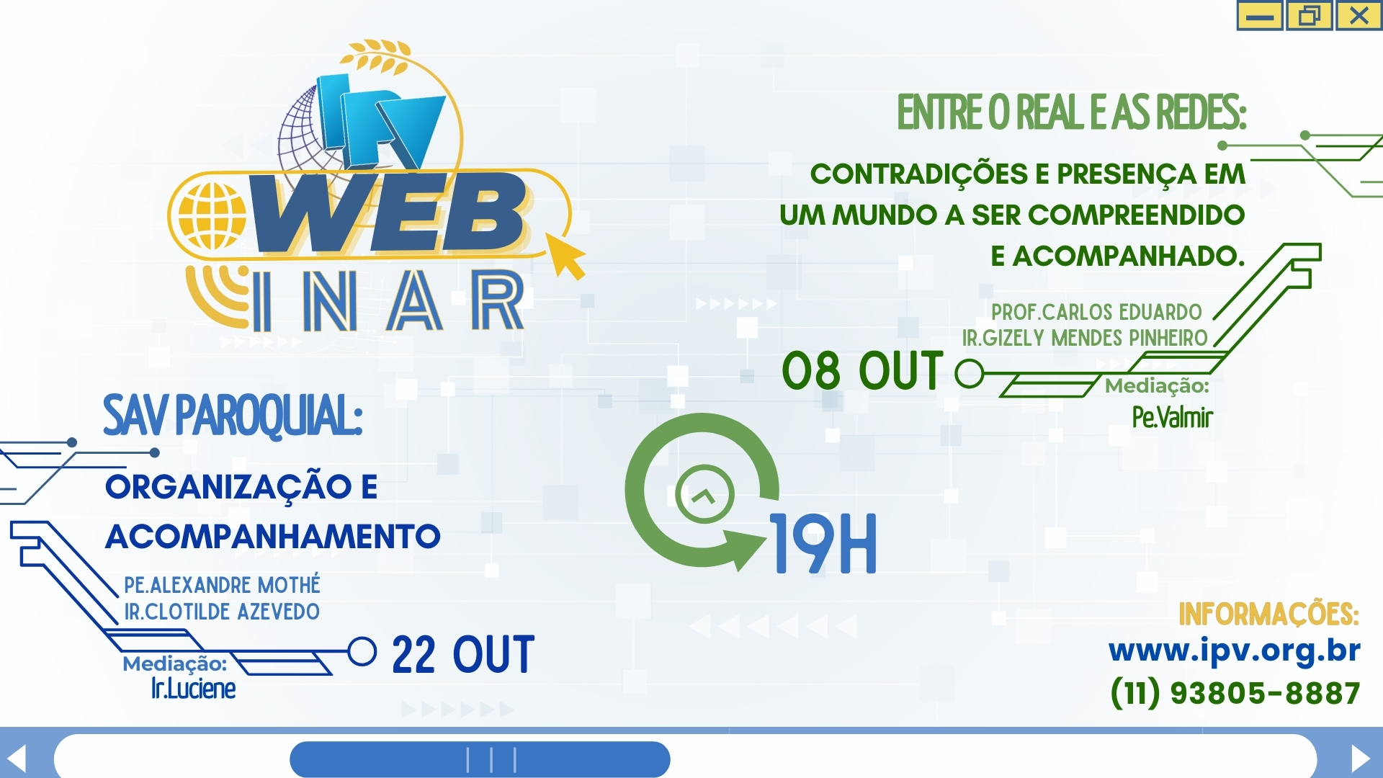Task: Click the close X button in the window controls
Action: tap(1359, 16)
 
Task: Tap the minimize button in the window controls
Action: tap(1260, 16)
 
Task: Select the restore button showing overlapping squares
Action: tap(1309, 16)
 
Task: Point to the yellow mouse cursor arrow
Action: tap(565, 256)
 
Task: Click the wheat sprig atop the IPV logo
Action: tap(376, 56)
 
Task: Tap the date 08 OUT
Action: tap(862, 371)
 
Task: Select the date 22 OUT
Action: tap(463, 655)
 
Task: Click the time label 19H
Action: tap(824, 544)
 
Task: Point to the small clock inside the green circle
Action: tap(705, 494)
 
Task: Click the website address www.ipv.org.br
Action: tap(1234, 650)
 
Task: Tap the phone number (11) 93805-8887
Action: tap(1235, 693)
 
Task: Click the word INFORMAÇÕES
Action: tap(1268, 614)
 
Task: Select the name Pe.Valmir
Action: tap(1173, 417)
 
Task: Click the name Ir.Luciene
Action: tap(193, 689)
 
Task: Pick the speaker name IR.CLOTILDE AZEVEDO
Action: tap(222, 612)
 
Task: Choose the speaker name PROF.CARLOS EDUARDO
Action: tap(1096, 312)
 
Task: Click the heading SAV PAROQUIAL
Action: tap(233, 416)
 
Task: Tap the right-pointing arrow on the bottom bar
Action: tap(1360, 758)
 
